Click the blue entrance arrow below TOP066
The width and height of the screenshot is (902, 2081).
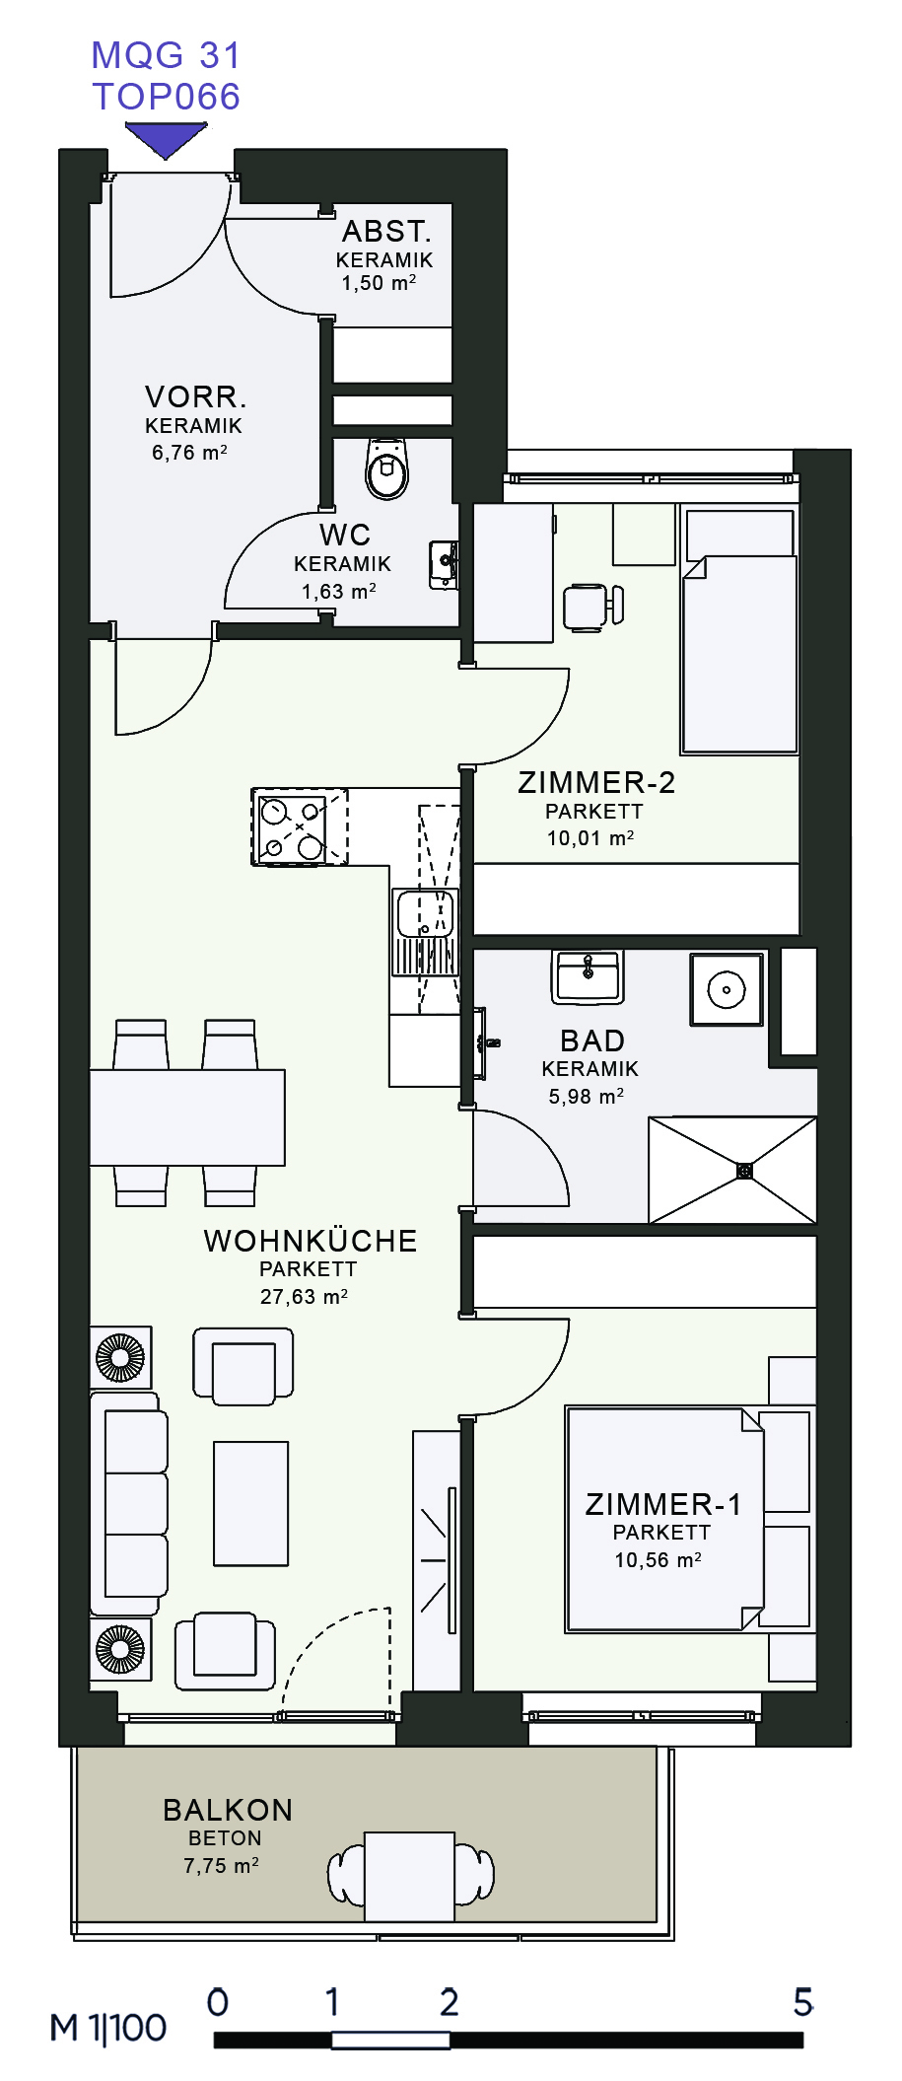click(166, 139)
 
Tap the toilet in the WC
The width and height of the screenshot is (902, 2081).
click(386, 468)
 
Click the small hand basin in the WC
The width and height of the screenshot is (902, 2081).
click(444, 565)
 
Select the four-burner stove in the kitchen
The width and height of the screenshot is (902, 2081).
click(300, 826)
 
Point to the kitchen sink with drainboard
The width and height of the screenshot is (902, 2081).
click(425, 932)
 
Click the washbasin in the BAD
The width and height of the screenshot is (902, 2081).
click(588, 977)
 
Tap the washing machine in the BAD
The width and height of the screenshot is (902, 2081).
click(727, 989)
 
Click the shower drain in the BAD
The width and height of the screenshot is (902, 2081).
click(745, 1171)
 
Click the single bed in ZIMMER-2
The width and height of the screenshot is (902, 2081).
click(739, 631)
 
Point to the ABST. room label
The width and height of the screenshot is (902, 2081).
click(386, 231)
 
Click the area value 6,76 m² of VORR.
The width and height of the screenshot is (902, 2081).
click(189, 453)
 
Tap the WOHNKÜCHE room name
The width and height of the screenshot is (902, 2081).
click(310, 1241)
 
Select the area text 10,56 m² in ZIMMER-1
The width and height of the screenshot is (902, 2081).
click(658, 1560)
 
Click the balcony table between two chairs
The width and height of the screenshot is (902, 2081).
click(409, 1877)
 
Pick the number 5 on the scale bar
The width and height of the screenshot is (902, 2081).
click(803, 2002)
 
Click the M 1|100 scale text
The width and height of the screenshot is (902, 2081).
click(108, 2028)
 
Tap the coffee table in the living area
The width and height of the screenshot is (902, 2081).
click(251, 1504)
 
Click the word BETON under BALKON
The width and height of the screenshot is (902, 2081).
click(225, 1838)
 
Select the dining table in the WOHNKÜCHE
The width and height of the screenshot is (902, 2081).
click(187, 1117)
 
